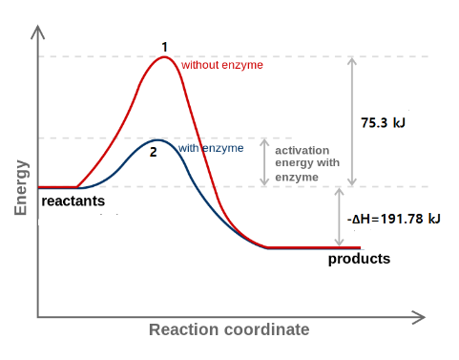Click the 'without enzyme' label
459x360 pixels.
click(222, 65)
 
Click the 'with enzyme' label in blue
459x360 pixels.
click(211, 148)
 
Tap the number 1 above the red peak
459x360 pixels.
click(164, 47)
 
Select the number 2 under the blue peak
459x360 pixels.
click(154, 152)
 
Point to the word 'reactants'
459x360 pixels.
click(73, 201)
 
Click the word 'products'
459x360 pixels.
click(359, 259)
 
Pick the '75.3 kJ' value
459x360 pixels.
click(383, 123)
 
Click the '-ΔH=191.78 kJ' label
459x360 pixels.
click(394, 219)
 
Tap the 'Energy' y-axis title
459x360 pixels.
click(21, 188)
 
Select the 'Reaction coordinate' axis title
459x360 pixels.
click(229, 329)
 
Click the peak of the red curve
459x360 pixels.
click(164, 57)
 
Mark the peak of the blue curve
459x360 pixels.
click(157, 140)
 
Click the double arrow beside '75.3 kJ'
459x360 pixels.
click(352, 121)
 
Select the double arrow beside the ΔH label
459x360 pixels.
click(340, 217)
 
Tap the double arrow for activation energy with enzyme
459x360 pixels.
click(264, 162)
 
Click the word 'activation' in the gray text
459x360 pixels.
click(303, 151)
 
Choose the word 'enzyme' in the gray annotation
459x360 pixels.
click(297, 178)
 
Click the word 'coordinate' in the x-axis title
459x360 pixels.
click(267, 329)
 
